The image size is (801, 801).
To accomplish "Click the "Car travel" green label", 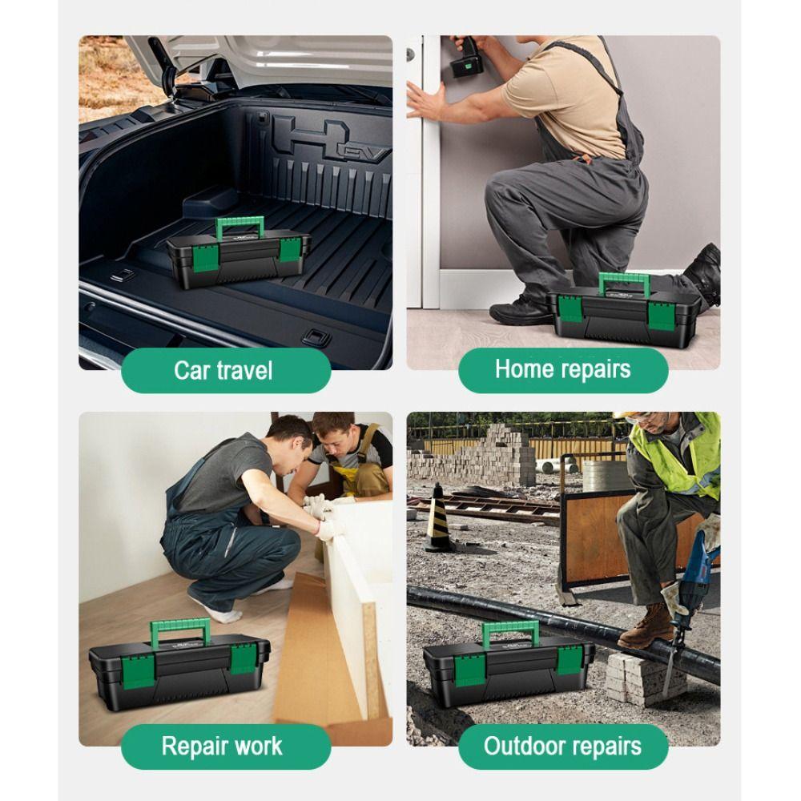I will [x=224, y=370].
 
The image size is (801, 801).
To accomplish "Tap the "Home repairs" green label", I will [x=562, y=369].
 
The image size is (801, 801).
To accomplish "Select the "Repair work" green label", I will [x=222, y=746].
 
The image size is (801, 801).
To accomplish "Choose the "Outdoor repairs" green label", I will [x=562, y=746].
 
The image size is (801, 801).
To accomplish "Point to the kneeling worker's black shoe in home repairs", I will [x=521, y=310].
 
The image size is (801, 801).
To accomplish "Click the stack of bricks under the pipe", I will [x=631, y=677].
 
